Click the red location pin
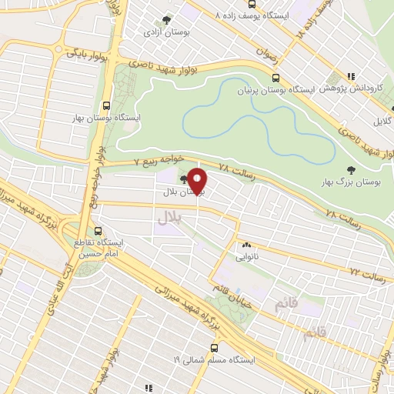tap(199, 182)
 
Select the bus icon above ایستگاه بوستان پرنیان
tap(275, 78)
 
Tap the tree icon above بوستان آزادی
tap(163, 22)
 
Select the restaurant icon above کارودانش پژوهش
tap(350, 76)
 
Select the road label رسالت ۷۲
tap(366, 271)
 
